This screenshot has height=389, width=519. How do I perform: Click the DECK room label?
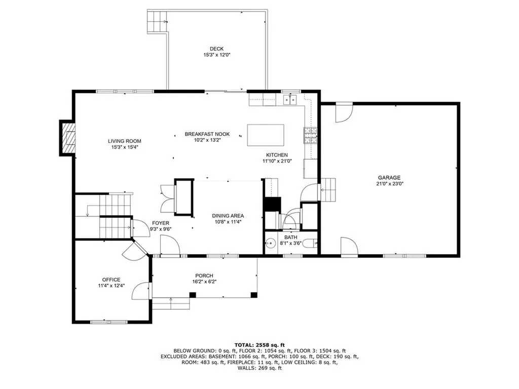point(216,49)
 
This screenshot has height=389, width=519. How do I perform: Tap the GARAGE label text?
point(389,178)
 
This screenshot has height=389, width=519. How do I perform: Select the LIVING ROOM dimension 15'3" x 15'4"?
point(124,147)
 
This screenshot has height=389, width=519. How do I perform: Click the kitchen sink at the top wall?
point(289,100)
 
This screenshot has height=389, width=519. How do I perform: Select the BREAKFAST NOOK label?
point(207,134)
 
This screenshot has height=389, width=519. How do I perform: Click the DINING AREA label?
point(228,216)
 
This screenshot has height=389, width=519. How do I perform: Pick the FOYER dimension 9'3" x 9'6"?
point(161,229)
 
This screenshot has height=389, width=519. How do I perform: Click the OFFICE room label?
point(111,280)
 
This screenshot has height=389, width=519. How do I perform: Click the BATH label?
point(290,237)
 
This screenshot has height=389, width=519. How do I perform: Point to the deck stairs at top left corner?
point(157,21)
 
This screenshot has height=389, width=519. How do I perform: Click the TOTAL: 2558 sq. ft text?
point(259,344)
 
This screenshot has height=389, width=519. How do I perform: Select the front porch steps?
point(171,303)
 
